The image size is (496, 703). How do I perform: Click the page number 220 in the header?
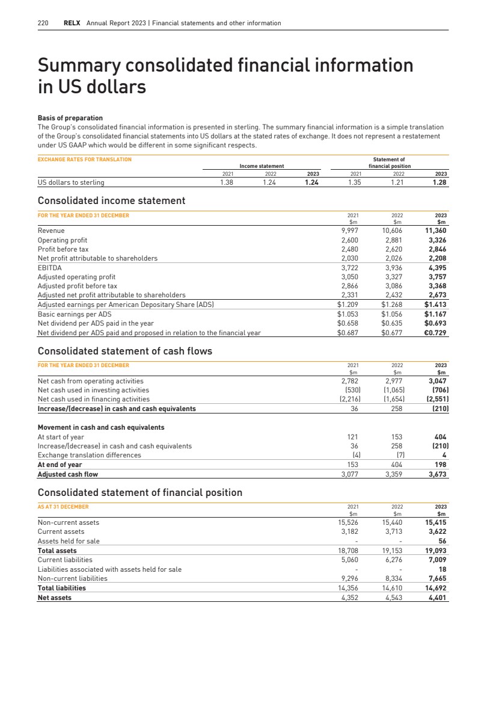[43, 23]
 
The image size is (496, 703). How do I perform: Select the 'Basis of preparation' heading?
[70, 118]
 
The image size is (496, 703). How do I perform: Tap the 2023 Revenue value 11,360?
[435, 231]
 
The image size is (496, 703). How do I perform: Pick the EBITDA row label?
[49, 267]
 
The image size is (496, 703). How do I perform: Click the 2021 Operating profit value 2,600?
[351, 240]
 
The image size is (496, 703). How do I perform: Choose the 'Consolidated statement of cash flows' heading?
[124, 351]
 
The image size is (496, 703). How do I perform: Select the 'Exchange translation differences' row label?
[89, 455]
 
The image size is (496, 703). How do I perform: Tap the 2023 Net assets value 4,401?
[435, 598]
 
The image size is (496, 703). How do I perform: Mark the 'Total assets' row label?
[57, 551]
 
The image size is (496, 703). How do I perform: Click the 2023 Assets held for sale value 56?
[441, 541]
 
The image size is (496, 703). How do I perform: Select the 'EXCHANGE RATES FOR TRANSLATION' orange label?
[84, 159]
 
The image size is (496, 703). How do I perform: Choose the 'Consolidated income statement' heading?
[111, 200]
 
